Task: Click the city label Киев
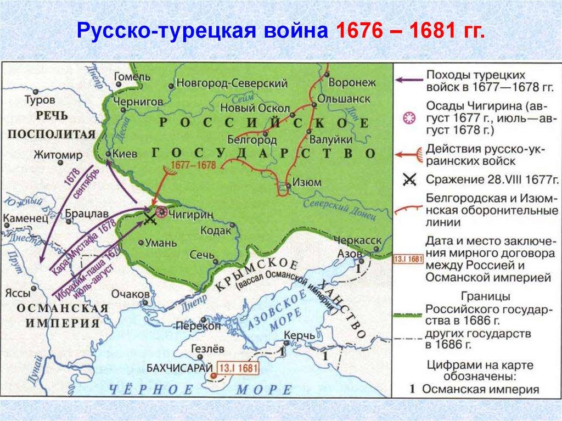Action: coord(125,154)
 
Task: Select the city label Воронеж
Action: coord(351,82)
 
